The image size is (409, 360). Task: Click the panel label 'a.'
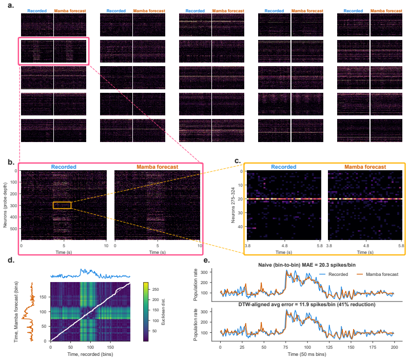[11, 5]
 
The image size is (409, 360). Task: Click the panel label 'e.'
[206, 260]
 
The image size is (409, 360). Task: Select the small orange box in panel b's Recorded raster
[62, 205]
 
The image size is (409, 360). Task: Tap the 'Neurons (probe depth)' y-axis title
[5, 205]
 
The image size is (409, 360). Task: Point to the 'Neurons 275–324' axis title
[233, 206]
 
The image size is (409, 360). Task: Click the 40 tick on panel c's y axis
[240, 227]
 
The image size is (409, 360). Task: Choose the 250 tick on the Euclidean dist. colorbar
[155, 289]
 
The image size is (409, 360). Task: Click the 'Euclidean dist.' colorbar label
[163, 312]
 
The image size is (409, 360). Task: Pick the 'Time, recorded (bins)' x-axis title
[90, 354]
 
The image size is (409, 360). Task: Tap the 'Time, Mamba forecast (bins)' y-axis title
[16, 311]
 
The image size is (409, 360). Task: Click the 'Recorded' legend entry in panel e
[334, 274]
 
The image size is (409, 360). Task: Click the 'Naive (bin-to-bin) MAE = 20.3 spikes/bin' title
[307, 265]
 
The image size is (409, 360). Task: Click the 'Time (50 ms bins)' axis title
[307, 354]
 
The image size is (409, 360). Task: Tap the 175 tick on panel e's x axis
[373, 347]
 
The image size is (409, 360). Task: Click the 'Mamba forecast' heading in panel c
[365, 167]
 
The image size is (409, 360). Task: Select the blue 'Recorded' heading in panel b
[64, 167]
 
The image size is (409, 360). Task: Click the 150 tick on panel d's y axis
[43, 297]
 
